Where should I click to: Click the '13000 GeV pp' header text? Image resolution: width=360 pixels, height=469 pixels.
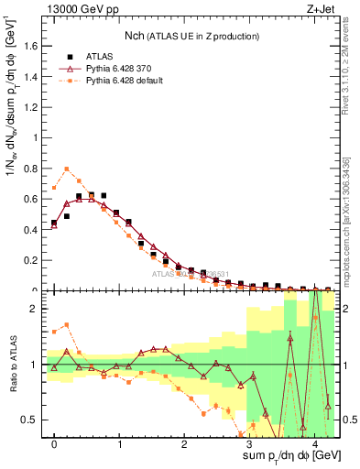pos(82,9)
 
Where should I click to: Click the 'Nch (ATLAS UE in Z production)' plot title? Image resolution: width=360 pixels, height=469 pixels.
pos(192,36)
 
